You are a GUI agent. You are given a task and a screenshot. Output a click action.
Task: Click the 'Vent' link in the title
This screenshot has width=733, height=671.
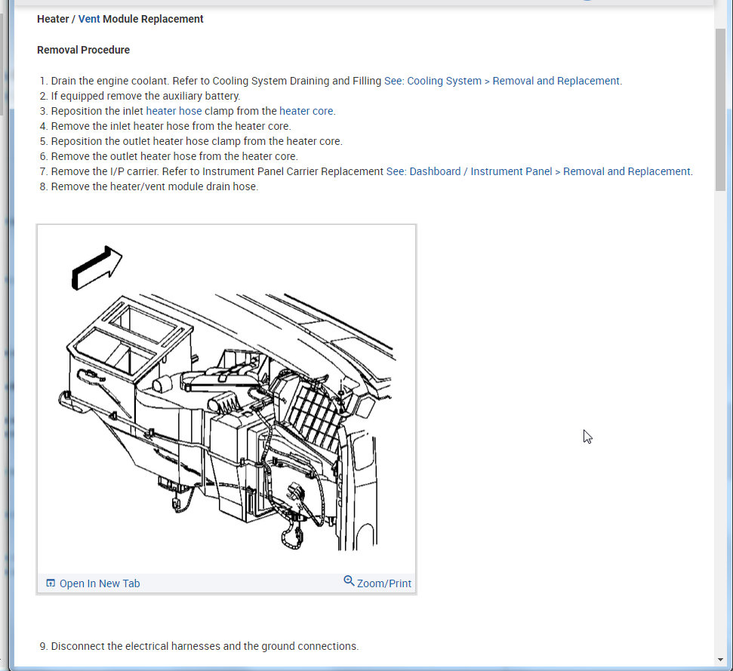[89, 19]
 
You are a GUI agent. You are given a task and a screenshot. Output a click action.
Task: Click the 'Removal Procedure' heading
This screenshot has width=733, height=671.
[83, 50]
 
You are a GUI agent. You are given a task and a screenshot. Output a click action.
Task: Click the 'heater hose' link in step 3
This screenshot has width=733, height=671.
[174, 111]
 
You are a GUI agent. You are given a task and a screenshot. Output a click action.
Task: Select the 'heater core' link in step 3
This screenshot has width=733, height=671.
[306, 111]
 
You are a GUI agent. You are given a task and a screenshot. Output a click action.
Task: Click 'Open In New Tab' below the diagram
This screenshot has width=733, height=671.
[100, 583]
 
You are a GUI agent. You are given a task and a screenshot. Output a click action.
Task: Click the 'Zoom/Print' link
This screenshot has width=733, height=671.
[384, 583]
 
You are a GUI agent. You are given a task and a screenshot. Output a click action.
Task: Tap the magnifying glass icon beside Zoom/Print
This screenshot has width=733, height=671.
[349, 581]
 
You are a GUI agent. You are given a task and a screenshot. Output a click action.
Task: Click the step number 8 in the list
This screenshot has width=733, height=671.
[43, 186]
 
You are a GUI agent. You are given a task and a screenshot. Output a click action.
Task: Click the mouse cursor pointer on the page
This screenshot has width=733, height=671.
[587, 436]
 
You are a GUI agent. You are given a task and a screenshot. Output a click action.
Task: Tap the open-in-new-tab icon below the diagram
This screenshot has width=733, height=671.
[51, 583]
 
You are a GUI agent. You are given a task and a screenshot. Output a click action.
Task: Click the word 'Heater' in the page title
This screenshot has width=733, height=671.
[53, 19]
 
